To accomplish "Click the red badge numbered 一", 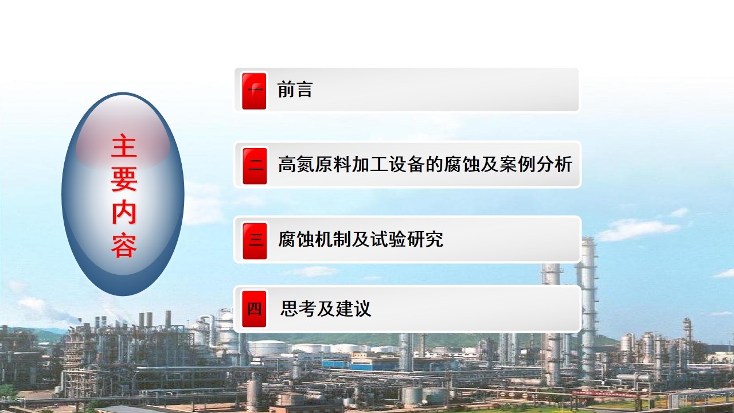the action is [254, 91].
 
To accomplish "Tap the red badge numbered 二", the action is [255, 166].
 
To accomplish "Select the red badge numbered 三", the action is [255, 241].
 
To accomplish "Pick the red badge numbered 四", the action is [254, 309].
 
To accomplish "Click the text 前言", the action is [295, 89].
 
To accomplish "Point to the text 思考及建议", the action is [326, 309].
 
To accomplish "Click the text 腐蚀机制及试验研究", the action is [361, 239].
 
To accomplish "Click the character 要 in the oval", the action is [124, 178].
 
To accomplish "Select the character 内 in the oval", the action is [124, 212].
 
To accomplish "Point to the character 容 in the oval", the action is [124, 245].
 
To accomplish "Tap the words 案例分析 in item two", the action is [536, 164].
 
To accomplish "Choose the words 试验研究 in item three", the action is [407, 239].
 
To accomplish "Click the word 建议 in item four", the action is [353, 309].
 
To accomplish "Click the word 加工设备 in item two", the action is [388, 164].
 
